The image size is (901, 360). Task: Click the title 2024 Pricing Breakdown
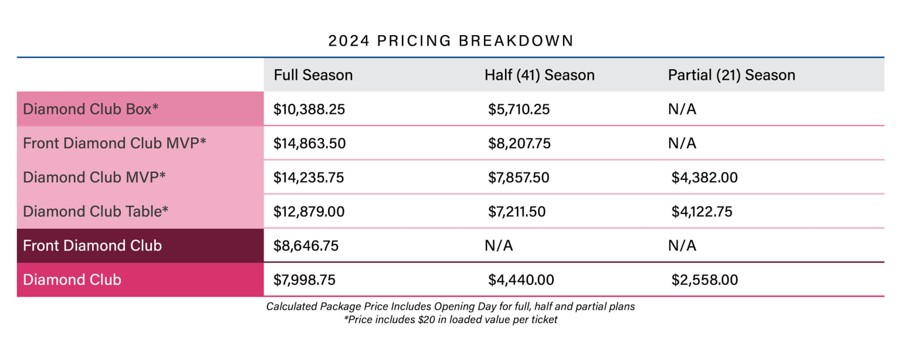450,41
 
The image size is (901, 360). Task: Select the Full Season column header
313,75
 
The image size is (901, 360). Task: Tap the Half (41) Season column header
539,75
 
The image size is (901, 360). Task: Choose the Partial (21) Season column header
731,75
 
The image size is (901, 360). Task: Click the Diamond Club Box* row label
91,109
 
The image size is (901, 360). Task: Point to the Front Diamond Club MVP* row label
114,143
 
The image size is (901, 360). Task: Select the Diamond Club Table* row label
96,211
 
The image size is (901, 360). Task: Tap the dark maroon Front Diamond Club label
92,245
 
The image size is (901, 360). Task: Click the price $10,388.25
309,110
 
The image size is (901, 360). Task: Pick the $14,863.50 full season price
309,144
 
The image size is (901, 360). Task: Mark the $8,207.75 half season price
519,144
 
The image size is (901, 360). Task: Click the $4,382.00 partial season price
704,178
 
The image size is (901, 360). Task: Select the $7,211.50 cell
517,212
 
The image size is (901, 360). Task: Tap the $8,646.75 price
306,246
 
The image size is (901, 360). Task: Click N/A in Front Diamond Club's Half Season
499,246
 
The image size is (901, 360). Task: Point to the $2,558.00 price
704,280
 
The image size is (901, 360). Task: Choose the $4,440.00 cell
521,280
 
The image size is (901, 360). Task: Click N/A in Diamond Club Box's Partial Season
682,110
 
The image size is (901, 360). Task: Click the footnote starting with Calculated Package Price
450,307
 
